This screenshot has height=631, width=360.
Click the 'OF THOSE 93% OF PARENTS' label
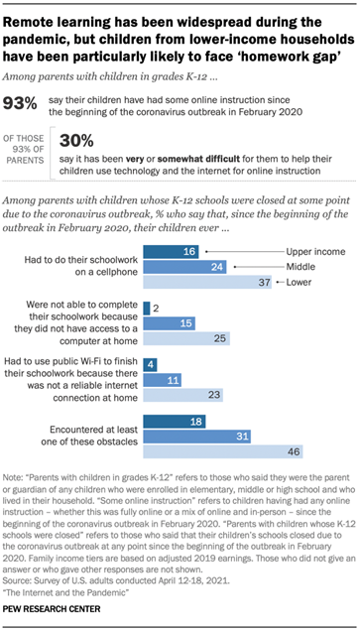point(27,140)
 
